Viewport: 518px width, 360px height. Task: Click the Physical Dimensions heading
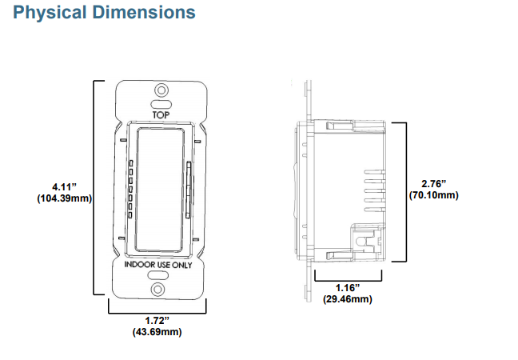click(x=105, y=14)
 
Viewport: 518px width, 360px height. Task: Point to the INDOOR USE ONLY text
click(x=159, y=264)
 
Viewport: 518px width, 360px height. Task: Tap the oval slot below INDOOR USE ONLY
click(x=159, y=276)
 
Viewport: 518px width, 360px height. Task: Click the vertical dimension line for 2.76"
click(x=405, y=193)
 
